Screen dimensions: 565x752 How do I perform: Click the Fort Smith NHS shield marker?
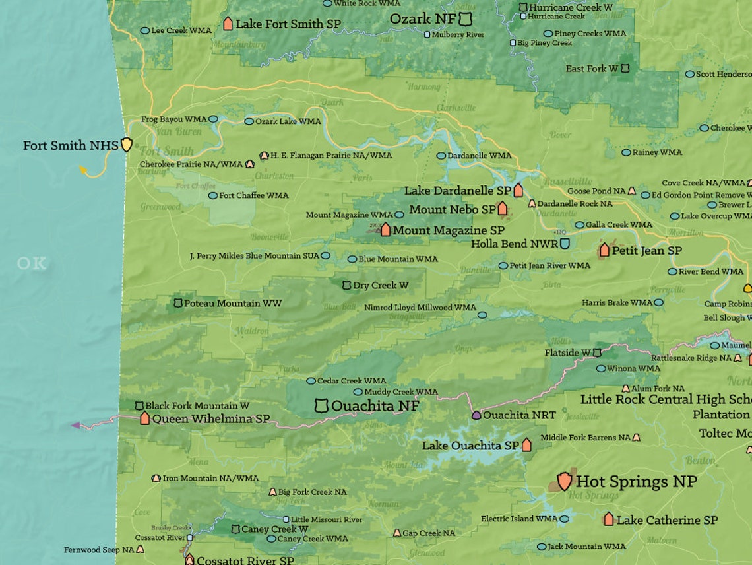pyautogui.click(x=126, y=145)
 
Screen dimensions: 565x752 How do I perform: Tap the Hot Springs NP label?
pyautogui.click(x=636, y=481)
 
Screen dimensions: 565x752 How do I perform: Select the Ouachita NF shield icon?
pyautogui.click(x=321, y=405)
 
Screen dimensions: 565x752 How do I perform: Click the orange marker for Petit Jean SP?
pyautogui.click(x=604, y=250)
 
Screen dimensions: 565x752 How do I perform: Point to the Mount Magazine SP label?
pyautogui.click(x=449, y=230)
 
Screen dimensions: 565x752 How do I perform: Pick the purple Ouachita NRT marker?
pyautogui.click(x=476, y=415)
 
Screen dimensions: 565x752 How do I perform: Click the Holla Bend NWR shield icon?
pyautogui.click(x=565, y=244)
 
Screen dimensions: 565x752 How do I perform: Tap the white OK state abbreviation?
pyautogui.click(x=32, y=263)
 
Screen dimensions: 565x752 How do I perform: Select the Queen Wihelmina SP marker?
pyautogui.click(x=144, y=418)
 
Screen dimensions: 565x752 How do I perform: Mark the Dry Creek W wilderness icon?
pyautogui.click(x=346, y=285)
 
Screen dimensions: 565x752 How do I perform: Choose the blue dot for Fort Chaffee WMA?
pyautogui.click(x=212, y=195)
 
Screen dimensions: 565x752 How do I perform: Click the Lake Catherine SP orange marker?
pyautogui.click(x=608, y=519)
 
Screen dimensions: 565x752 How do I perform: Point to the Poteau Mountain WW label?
pyautogui.click(x=232, y=303)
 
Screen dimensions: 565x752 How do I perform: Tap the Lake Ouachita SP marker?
pyautogui.click(x=526, y=446)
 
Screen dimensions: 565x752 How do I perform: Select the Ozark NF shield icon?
pyautogui.click(x=466, y=18)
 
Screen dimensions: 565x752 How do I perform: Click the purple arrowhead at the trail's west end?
pyautogui.click(x=75, y=426)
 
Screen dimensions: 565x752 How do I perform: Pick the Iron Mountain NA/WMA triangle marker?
pyautogui.click(x=156, y=478)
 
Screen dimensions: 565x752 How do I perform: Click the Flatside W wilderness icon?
pyautogui.click(x=597, y=353)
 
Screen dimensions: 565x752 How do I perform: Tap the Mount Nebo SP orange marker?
pyautogui.click(x=503, y=209)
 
